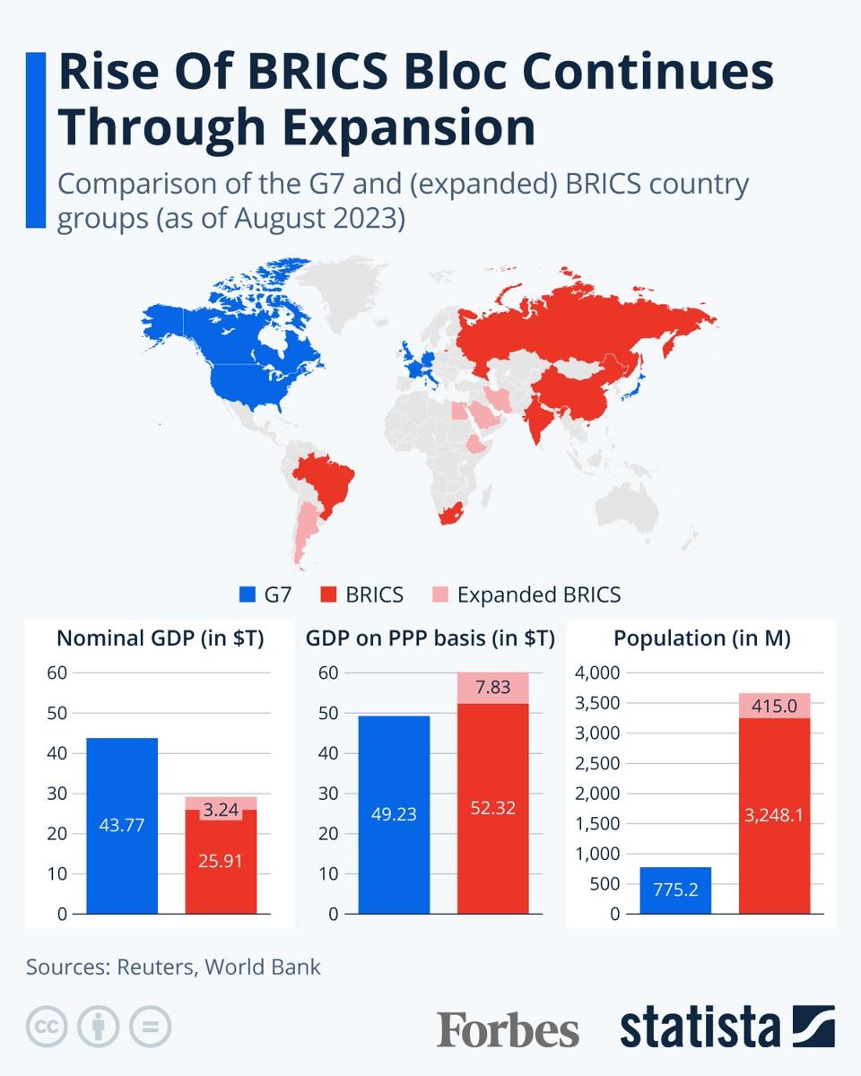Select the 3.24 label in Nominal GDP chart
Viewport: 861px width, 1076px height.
221,810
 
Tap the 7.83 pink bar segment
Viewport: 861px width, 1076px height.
492,688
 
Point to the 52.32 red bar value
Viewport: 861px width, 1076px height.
492,807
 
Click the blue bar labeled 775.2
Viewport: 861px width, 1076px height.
675,891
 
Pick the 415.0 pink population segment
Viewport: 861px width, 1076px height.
774,706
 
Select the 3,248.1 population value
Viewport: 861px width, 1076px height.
774,815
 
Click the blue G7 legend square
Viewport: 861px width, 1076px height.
248,594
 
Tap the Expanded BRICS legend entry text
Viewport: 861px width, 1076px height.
538,594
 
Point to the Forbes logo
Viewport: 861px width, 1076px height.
508,1028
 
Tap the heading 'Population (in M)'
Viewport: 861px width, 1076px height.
701,638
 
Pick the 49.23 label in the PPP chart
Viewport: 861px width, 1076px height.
394,814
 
